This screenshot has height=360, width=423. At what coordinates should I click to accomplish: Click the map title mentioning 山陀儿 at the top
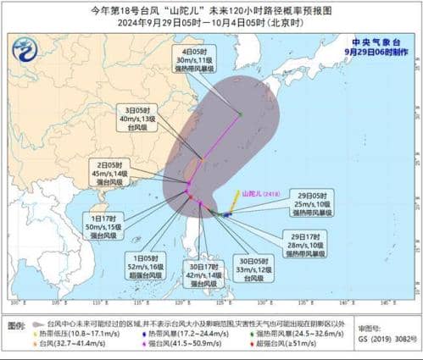pos(211,10)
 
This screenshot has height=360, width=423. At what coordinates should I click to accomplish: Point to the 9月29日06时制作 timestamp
pos(376,51)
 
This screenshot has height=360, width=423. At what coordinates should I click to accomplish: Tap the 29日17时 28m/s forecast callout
pos(304,243)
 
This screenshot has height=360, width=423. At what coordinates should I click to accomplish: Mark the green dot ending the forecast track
pos(240,114)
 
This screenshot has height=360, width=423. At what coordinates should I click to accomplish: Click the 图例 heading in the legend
pos(16,325)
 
